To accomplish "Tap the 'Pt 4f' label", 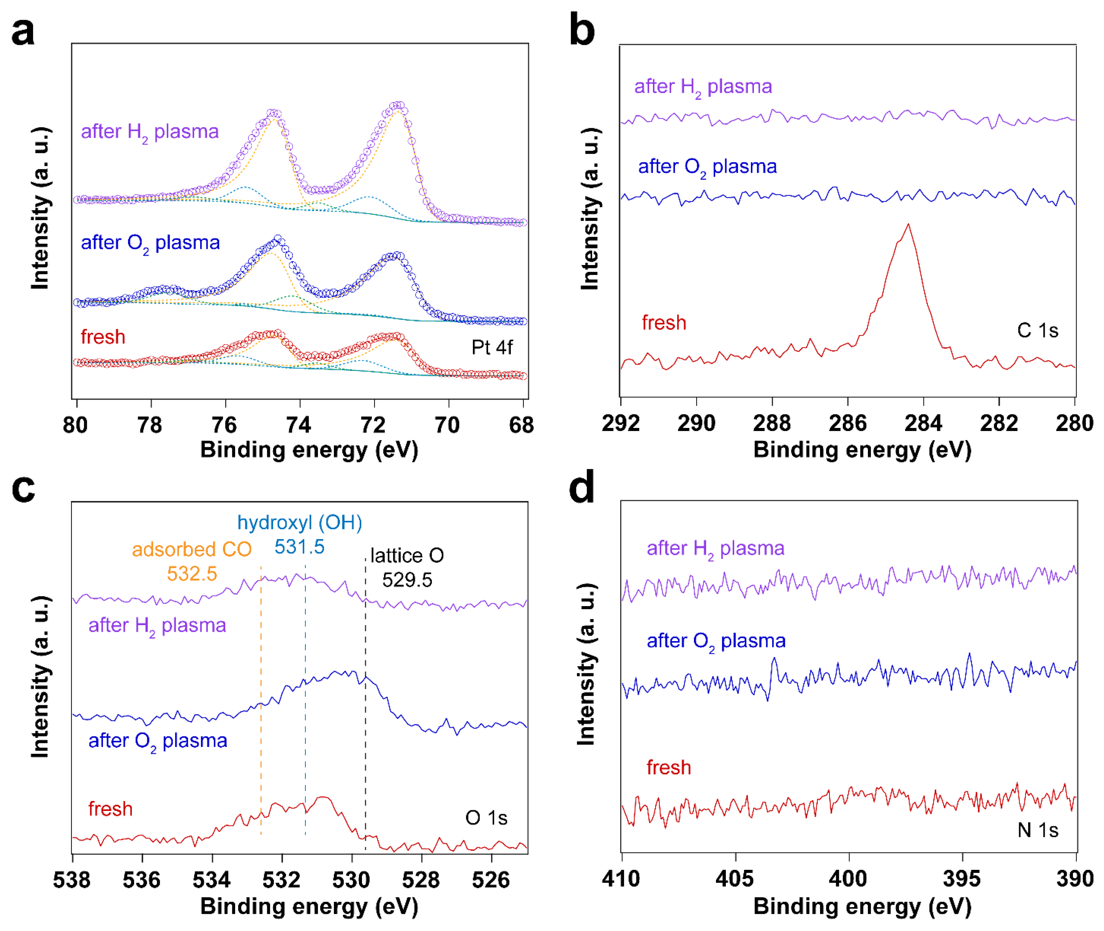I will (x=492, y=347).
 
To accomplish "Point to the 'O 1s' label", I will (x=486, y=818).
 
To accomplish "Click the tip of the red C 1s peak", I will (x=908, y=225).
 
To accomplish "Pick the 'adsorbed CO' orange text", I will (x=192, y=549).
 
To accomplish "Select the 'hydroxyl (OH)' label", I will (x=300, y=523).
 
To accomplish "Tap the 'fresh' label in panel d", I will (x=668, y=767).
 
